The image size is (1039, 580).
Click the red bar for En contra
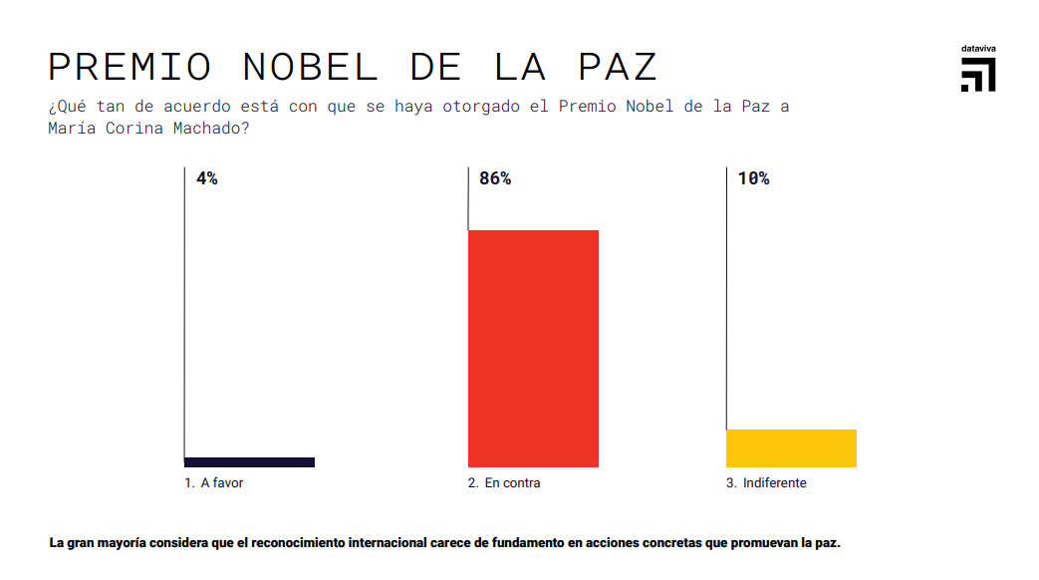[533, 349]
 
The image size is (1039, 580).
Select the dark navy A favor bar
[249, 462]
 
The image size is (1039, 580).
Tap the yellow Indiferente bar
[791, 448]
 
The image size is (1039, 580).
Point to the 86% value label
[495, 179]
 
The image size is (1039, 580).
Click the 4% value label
[207, 179]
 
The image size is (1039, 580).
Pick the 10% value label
[753, 179]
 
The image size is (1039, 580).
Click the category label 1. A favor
[214, 483]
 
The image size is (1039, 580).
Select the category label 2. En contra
[504, 483]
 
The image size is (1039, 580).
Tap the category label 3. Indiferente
[766, 483]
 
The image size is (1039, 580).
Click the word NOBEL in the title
[311, 67]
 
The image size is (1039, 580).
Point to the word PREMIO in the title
[130, 67]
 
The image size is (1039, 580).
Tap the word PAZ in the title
[618, 67]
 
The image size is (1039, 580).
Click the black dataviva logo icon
[978, 75]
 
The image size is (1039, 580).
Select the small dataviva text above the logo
[978, 48]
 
